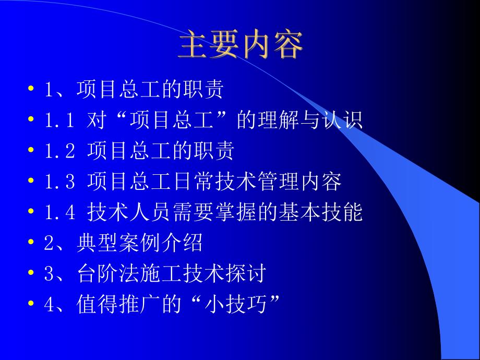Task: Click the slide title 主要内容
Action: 240,47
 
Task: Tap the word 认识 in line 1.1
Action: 347,121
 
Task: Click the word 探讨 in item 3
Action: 250,273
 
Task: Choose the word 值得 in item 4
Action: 92,304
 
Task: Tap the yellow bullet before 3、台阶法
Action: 32,274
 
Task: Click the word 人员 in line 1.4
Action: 152,212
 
